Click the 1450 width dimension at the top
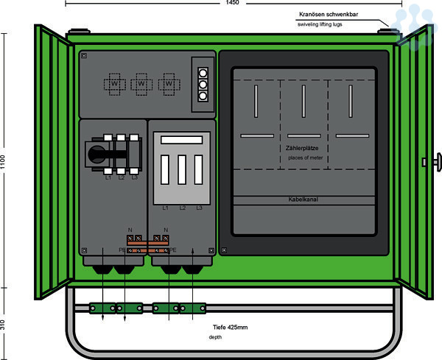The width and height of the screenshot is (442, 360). (231, 4)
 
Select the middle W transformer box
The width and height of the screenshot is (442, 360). (142, 85)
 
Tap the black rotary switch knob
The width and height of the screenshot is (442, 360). (97, 154)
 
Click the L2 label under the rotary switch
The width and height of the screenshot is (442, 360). (121, 177)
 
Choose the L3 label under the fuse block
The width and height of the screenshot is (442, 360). (199, 208)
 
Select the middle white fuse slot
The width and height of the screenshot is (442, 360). (181, 170)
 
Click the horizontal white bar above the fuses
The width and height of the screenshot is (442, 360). (181, 139)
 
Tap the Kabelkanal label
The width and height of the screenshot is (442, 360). (304, 200)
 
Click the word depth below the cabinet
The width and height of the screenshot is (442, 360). (214, 337)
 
